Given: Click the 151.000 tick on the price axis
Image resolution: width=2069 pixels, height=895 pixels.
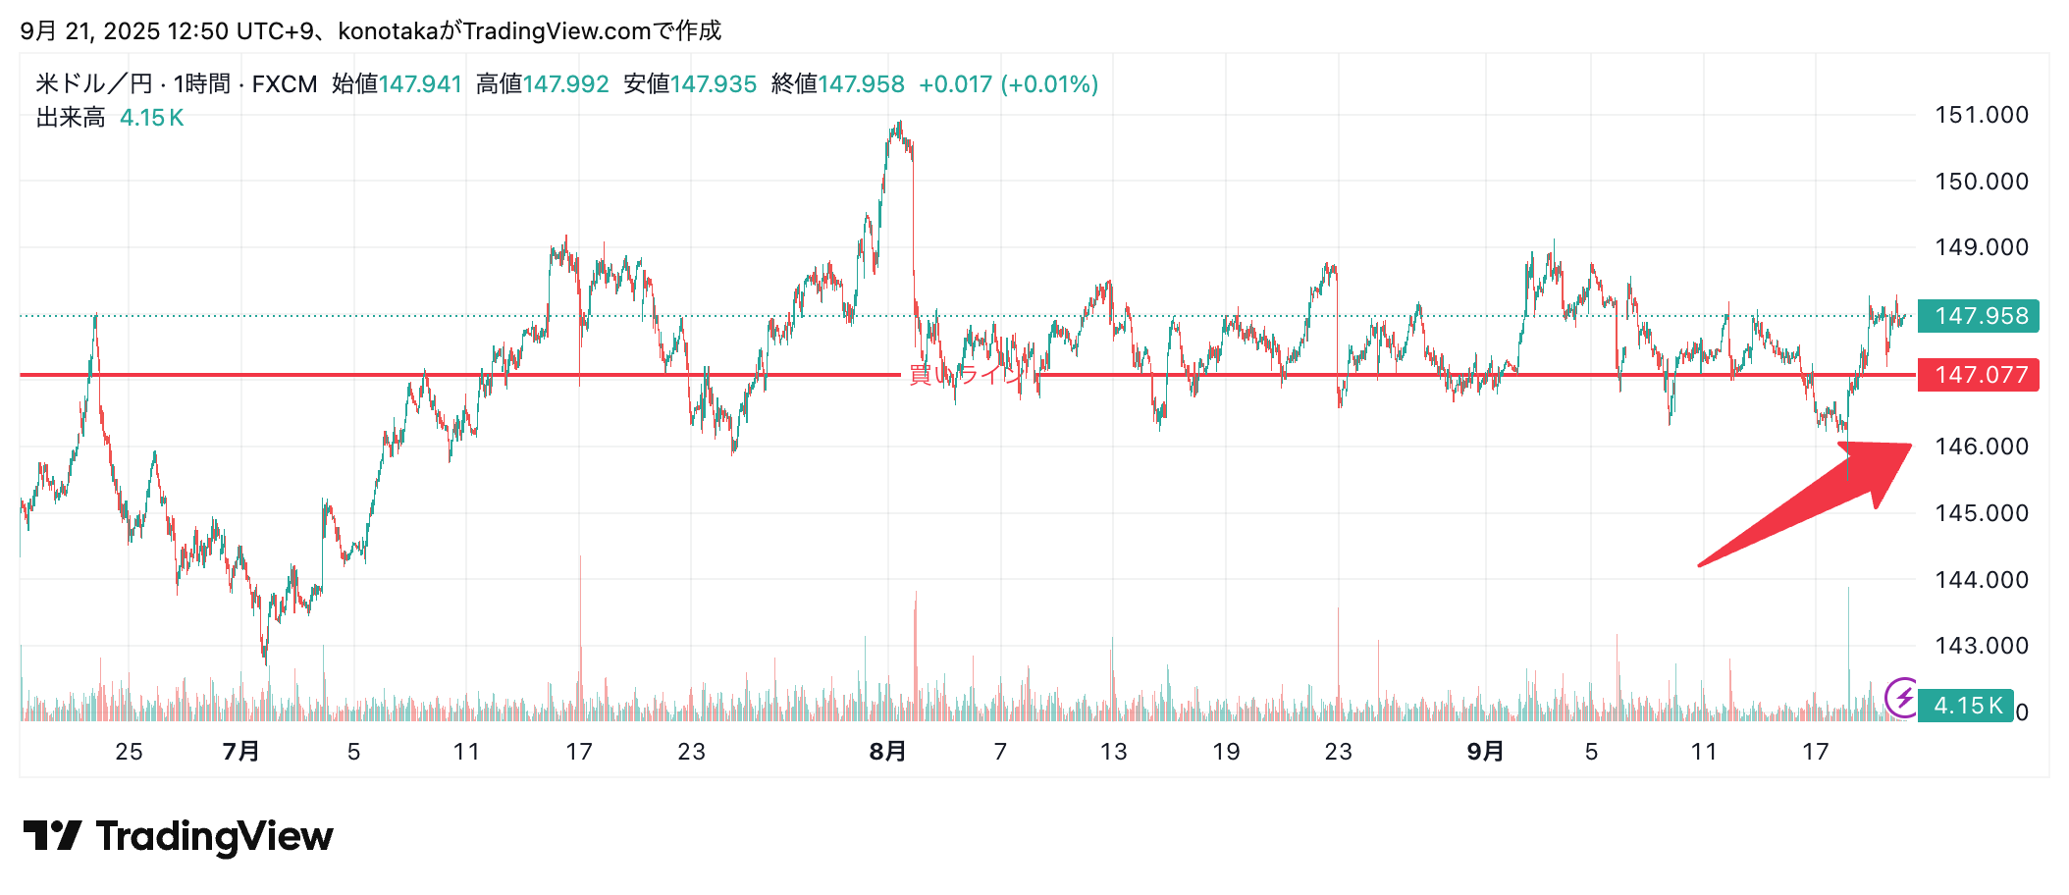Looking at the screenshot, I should click(x=1981, y=115).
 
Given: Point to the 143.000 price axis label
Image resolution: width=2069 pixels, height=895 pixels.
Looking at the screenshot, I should click(x=1981, y=646).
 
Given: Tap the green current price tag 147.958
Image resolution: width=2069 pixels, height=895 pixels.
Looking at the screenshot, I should click(x=1979, y=316).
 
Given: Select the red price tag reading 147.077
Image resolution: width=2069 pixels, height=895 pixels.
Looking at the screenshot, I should click(x=1979, y=375).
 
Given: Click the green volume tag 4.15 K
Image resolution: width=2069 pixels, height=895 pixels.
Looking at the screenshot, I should click(x=1966, y=706).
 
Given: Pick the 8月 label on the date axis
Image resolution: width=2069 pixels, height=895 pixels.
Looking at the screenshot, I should click(x=887, y=752).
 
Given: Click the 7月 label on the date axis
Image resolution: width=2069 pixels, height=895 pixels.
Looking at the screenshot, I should click(x=241, y=752).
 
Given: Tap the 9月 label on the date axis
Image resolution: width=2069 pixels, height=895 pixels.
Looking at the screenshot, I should click(x=1485, y=752).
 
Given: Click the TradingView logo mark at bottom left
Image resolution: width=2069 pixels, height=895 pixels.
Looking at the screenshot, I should click(x=53, y=836).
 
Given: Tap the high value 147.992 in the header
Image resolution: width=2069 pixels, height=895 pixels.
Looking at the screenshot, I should click(x=566, y=84).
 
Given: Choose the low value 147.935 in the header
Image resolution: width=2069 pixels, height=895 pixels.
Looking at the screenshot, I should click(x=714, y=84).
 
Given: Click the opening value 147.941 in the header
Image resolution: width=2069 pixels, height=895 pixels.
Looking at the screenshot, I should click(x=420, y=84).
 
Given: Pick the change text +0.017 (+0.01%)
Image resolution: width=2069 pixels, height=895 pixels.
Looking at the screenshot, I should click(x=1008, y=84).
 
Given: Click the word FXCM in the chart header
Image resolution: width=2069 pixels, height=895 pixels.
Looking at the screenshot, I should click(x=285, y=84).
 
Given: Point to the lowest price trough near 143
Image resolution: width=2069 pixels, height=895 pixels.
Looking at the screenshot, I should click(x=265, y=659).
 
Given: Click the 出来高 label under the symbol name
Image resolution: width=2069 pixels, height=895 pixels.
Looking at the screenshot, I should click(x=71, y=118).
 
